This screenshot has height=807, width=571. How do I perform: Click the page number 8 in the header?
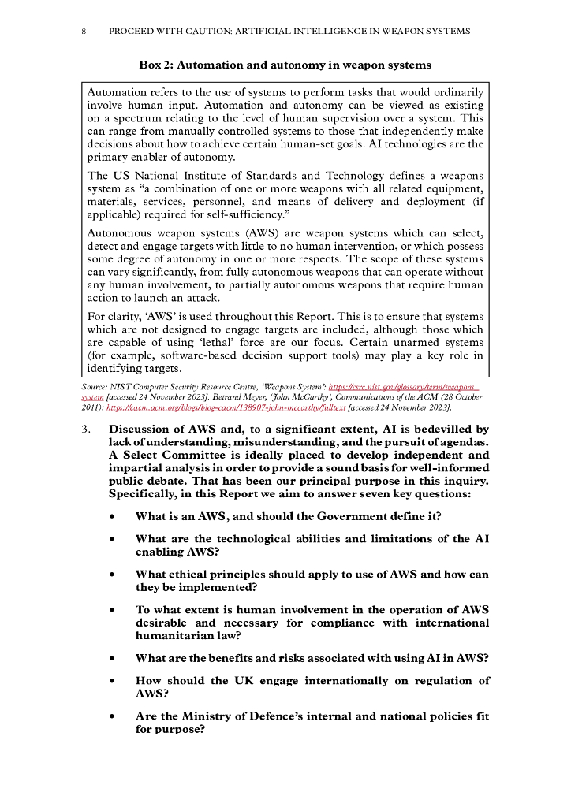click(84, 32)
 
